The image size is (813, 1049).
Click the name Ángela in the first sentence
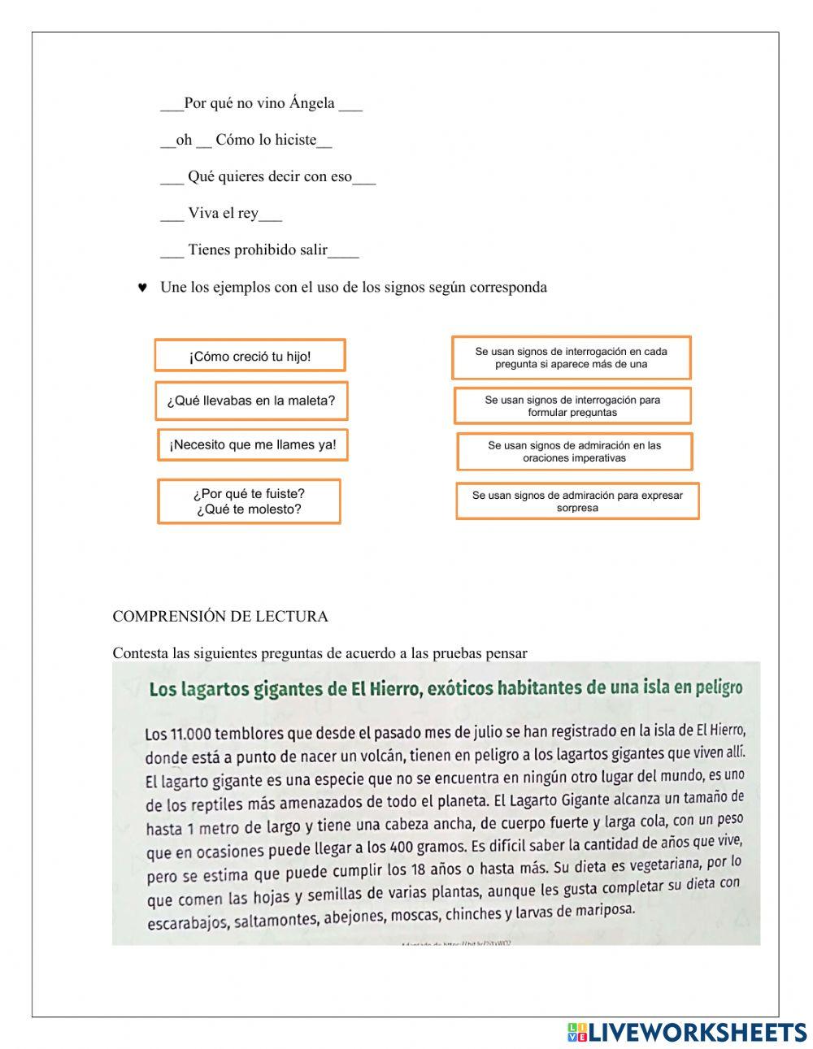tap(312, 103)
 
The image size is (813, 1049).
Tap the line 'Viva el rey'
tap(223, 214)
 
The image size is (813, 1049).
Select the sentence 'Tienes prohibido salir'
tap(258, 250)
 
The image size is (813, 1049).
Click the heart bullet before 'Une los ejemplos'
tap(142, 288)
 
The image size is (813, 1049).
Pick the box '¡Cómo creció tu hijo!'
tap(250, 356)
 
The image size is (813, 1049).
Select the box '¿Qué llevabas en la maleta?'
tap(251, 401)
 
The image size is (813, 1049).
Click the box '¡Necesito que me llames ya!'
tap(252, 445)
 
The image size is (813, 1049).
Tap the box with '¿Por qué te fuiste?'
tap(249, 501)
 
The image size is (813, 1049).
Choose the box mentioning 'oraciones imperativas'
tap(574, 452)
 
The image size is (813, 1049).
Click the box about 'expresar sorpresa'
tap(577, 501)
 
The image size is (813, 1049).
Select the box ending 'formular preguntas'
tap(572, 405)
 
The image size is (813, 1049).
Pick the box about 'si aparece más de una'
tap(571, 358)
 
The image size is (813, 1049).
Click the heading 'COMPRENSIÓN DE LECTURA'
tap(220, 617)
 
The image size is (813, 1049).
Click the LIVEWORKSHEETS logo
tap(686, 1032)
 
